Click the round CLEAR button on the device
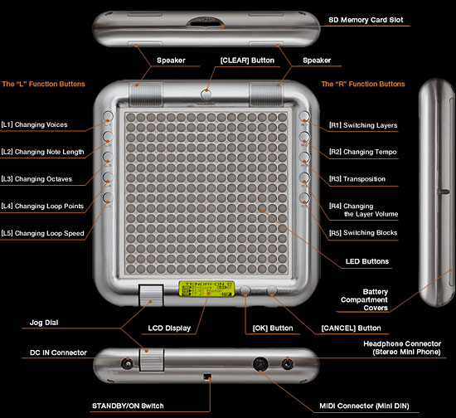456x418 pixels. coord(206,94)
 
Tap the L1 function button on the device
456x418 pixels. coord(108,116)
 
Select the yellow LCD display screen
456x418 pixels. coord(206,289)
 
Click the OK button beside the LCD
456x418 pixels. coord(245,290)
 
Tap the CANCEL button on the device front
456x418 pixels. coord(272,290)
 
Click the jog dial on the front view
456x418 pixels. coord(151,295)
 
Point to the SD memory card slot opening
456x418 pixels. coord(205,22)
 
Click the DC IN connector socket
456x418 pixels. coord(127,364)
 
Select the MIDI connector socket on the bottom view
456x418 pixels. coord(260,363)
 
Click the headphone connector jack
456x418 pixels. coord(288,364)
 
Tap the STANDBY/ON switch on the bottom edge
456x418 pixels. coord(207,377)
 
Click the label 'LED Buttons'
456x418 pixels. coord(367,261)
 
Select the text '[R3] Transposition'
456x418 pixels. coord(357,179)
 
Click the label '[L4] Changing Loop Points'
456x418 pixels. coord(42,206)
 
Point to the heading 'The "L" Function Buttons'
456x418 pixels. coord(43,84)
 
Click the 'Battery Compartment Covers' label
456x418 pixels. coord(365,299)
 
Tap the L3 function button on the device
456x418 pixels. coord(108,157)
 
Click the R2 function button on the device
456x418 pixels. coord(304,136)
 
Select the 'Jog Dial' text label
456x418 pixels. coord(44,323)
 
